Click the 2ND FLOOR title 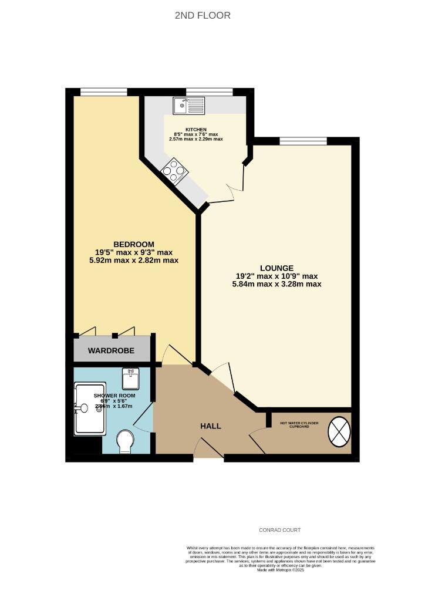203,15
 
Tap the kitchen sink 188,106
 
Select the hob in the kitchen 175,171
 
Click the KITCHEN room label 196,129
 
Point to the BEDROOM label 134,244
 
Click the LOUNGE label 278,268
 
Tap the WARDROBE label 111,351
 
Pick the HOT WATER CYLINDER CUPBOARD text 299,424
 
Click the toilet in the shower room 126,441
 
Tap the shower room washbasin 131,379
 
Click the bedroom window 104,91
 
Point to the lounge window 303,140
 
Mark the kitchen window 210,91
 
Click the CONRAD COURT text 280,530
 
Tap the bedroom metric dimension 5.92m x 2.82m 129,260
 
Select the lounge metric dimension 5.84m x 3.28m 276,284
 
